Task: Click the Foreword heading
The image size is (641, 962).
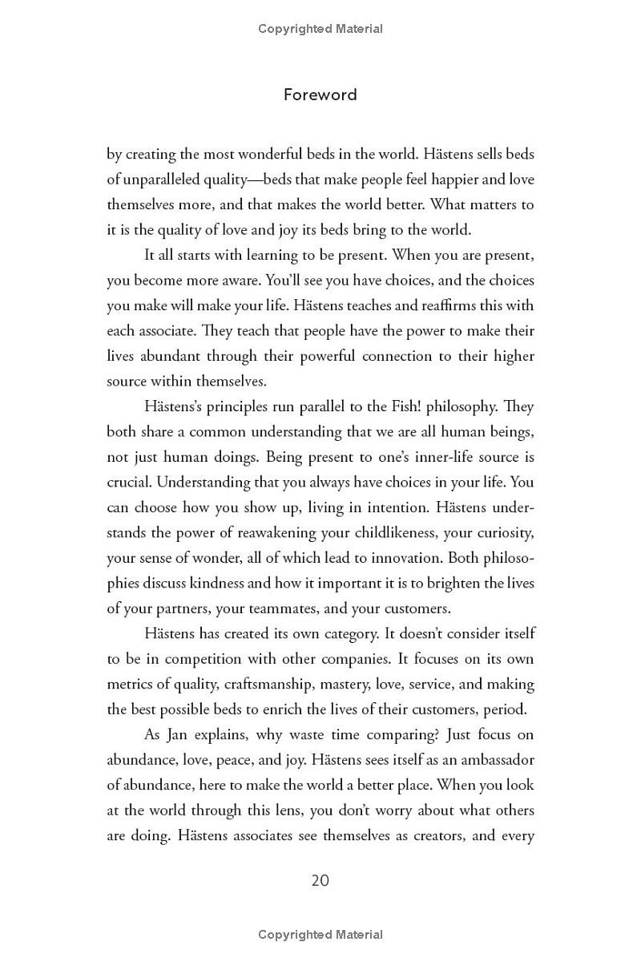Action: point(320,95)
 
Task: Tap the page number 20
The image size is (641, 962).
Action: point(320,880)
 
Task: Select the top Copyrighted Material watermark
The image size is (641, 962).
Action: point(320,29)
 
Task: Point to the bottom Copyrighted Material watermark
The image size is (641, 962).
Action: point(320,934)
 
